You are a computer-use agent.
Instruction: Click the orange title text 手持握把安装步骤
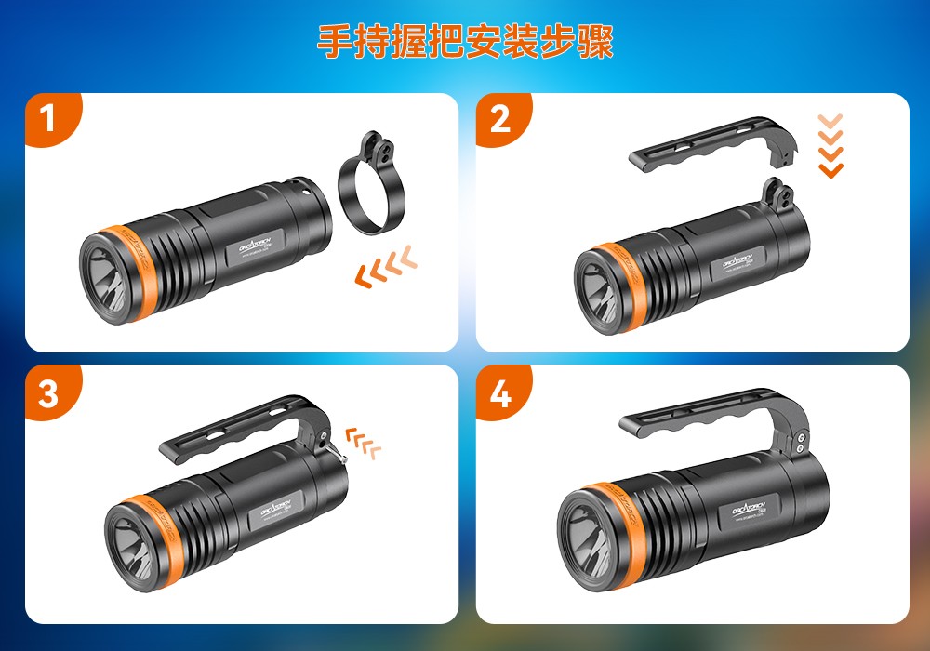pos(465,42)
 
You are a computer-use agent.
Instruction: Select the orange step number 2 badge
pos(499,120)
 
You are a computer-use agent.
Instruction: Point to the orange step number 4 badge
pos(499,392)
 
